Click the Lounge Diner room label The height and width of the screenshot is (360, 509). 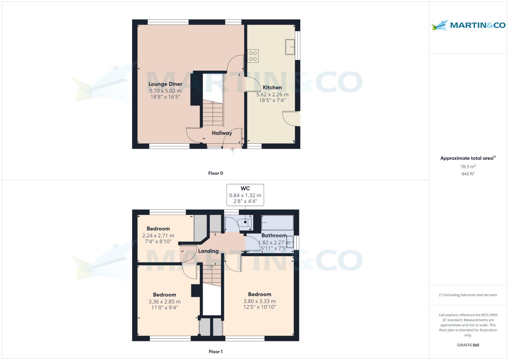point(165,84)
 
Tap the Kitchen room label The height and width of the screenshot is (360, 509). point(272,87)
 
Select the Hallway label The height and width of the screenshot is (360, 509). point(222,133)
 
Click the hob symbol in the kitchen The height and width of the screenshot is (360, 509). point(253,56)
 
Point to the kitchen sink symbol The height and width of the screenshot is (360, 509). point(290,47)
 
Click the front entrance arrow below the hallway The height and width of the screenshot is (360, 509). point(232,150)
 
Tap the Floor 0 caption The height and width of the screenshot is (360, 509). point(215,173)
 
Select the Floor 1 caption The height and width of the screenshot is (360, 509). point(215,352)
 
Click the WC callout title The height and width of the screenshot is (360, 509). point(245,188)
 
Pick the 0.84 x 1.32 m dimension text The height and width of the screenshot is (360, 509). point(245,195)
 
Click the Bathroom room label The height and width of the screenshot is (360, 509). point(274,235)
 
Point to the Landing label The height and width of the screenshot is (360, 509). point(208,251)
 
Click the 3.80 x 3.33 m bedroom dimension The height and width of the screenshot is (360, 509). point(259,301)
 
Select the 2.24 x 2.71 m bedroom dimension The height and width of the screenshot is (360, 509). point(158,236)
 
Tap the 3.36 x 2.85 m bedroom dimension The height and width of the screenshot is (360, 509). point(164,302)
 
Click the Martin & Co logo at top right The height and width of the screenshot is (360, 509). point(468,25)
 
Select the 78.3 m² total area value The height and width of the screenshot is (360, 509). point(468,167)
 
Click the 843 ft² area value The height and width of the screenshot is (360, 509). point(468,174)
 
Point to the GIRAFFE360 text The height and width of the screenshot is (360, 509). point(468,345)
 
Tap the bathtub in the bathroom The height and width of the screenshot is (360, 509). point(277,222)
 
